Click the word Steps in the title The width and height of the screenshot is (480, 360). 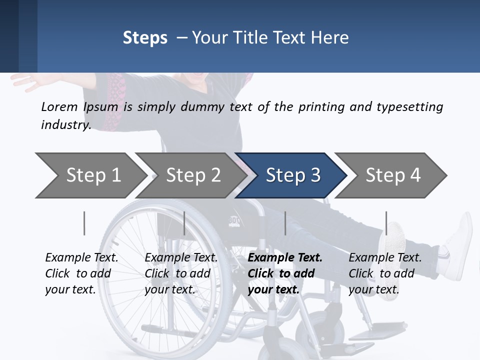(145, 38)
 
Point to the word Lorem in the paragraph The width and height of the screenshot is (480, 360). (59, 106)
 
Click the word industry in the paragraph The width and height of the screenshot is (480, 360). (65, 125)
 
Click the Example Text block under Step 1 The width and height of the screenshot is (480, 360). (81, 273)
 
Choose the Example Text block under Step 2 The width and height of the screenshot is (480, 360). (181, 273)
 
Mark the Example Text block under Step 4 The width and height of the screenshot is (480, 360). (385, 273)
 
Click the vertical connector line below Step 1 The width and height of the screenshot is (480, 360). (84, 223)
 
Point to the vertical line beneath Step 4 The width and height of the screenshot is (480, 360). (386, 223)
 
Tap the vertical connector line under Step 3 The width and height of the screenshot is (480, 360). (285, 223)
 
